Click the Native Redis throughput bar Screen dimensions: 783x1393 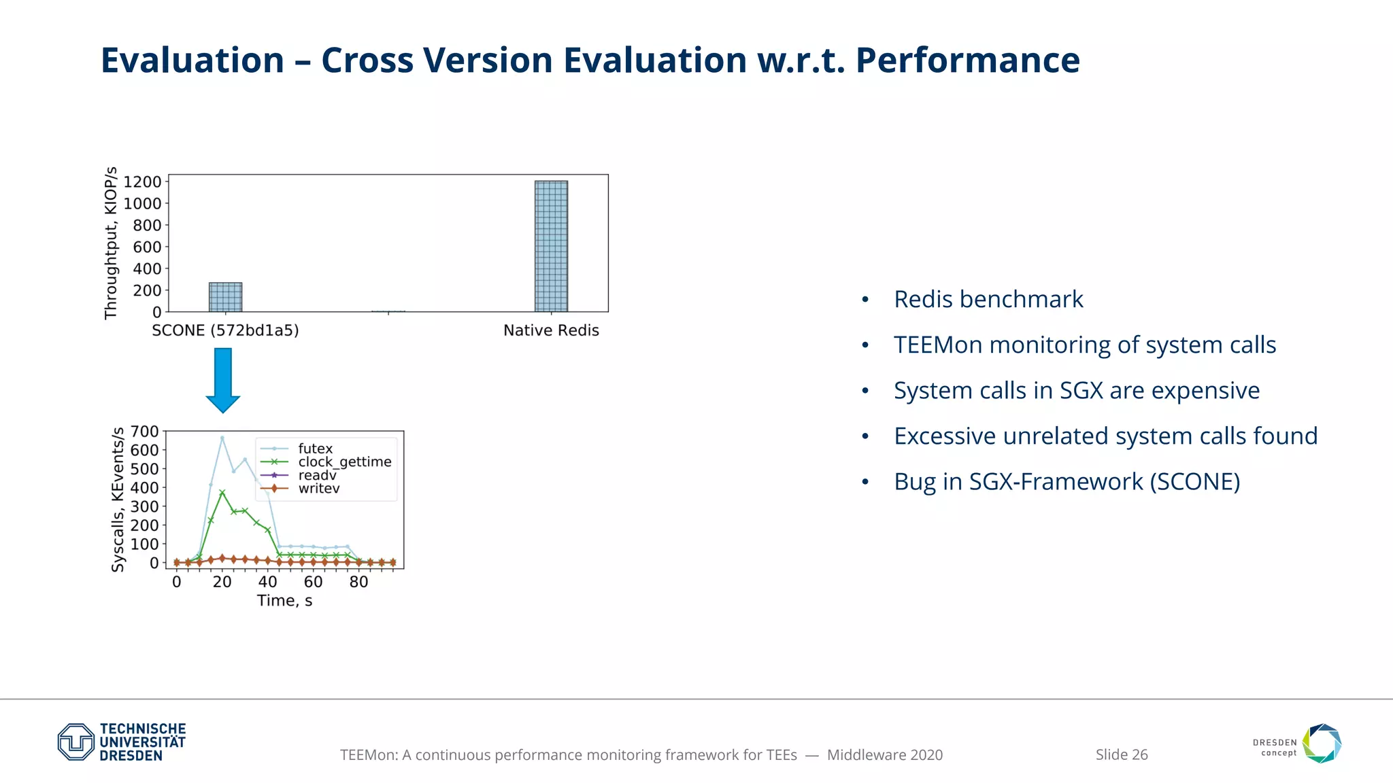551,246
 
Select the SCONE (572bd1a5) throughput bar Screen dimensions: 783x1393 225,297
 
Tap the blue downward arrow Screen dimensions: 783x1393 223,379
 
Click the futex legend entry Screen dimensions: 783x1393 315,449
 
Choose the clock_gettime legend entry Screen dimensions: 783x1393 344,462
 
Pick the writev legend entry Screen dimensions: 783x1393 318,489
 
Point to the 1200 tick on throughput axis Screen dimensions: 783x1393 142,181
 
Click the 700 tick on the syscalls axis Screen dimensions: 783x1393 144,432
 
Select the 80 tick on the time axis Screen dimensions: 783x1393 358,582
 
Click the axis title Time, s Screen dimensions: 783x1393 284,601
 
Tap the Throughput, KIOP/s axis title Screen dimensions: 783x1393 111,243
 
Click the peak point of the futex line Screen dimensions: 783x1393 222,438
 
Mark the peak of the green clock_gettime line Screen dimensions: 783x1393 222,492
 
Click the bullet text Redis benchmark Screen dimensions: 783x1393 988,299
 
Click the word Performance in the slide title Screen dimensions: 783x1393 967,60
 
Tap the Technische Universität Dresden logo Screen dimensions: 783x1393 122,742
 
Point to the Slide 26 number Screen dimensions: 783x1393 1121,754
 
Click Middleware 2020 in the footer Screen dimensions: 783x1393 884,754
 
